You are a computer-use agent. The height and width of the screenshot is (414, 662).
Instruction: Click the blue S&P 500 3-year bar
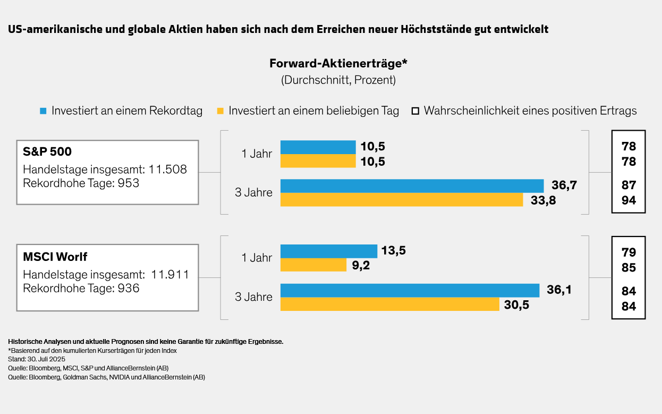click(412, 185)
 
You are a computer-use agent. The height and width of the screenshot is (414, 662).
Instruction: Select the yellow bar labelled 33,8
click(402, 200)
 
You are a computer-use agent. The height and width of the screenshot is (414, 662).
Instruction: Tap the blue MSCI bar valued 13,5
click(328, 251)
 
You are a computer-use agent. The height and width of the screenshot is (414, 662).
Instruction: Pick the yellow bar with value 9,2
click(313, 265)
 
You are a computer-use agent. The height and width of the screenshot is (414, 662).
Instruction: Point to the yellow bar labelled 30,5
click(389, 304)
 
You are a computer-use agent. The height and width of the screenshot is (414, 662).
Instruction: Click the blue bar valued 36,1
click(410, 290)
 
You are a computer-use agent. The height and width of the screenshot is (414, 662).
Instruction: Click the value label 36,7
click(564, 185)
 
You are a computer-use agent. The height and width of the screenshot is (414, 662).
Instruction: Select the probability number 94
click(629, 200)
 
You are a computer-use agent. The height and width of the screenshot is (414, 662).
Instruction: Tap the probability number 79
click(629, 252)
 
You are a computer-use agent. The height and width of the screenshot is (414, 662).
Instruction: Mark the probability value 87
click(629, 185)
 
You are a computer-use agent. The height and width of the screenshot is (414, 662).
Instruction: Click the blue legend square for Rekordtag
click(44, 111)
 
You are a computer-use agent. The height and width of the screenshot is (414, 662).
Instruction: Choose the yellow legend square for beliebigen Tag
click(220, 111)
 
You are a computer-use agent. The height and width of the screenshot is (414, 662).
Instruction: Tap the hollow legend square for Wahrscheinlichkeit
click(415, 111)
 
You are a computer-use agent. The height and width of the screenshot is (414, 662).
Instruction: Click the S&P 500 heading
click(47, 152)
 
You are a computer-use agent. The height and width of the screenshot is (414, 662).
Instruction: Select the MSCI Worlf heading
click(55, 257)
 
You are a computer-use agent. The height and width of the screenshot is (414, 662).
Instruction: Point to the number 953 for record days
click(129, 183)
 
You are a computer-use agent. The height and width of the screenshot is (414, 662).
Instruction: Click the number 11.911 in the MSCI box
click(170, 275)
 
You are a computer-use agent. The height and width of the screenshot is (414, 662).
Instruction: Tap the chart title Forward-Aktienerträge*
click(338, 64)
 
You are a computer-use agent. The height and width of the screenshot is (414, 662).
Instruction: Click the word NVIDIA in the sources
click(119, 377)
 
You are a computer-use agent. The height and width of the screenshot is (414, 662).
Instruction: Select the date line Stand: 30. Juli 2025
click(37, 359)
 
